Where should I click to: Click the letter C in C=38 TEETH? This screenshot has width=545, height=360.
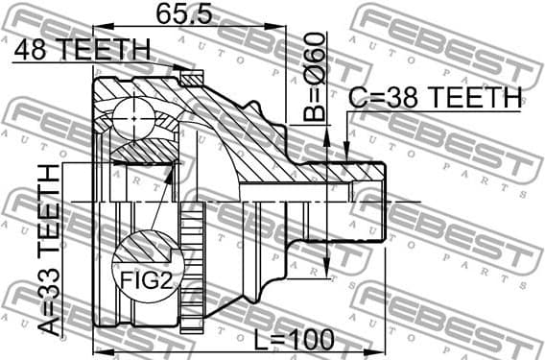pyautogui.click(x=357, y=97)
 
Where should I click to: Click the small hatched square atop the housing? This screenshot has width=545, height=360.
pyautogui.click(x=190, y=77)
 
